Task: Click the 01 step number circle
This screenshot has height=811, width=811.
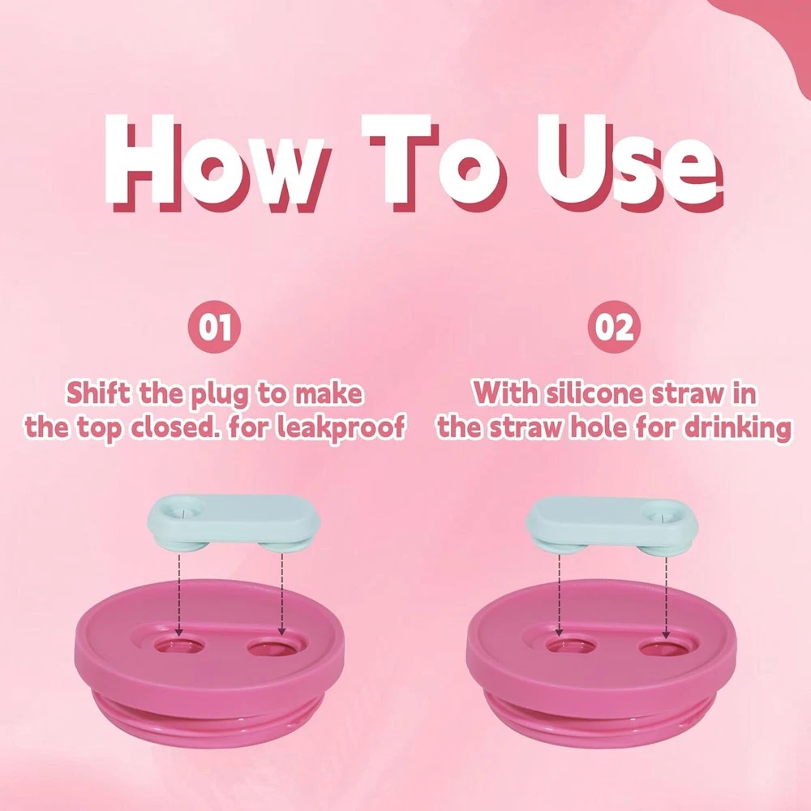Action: click(x=215, y=327)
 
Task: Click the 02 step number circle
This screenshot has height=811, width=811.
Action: click(x=614, y=327)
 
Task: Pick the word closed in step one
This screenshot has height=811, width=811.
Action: click(x=174, y=427)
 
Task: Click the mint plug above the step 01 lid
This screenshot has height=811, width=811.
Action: click(x=234, y=523)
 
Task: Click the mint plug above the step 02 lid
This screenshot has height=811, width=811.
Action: click(x=611, y=525)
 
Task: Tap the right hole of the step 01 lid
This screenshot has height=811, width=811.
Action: click(x=272, y=647)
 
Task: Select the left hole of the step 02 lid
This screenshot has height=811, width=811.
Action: click(x=572, y=646)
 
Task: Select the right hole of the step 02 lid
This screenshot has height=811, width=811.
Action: click(x=664, y=647)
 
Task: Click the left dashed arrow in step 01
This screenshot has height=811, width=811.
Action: click(x=179, y=594)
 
